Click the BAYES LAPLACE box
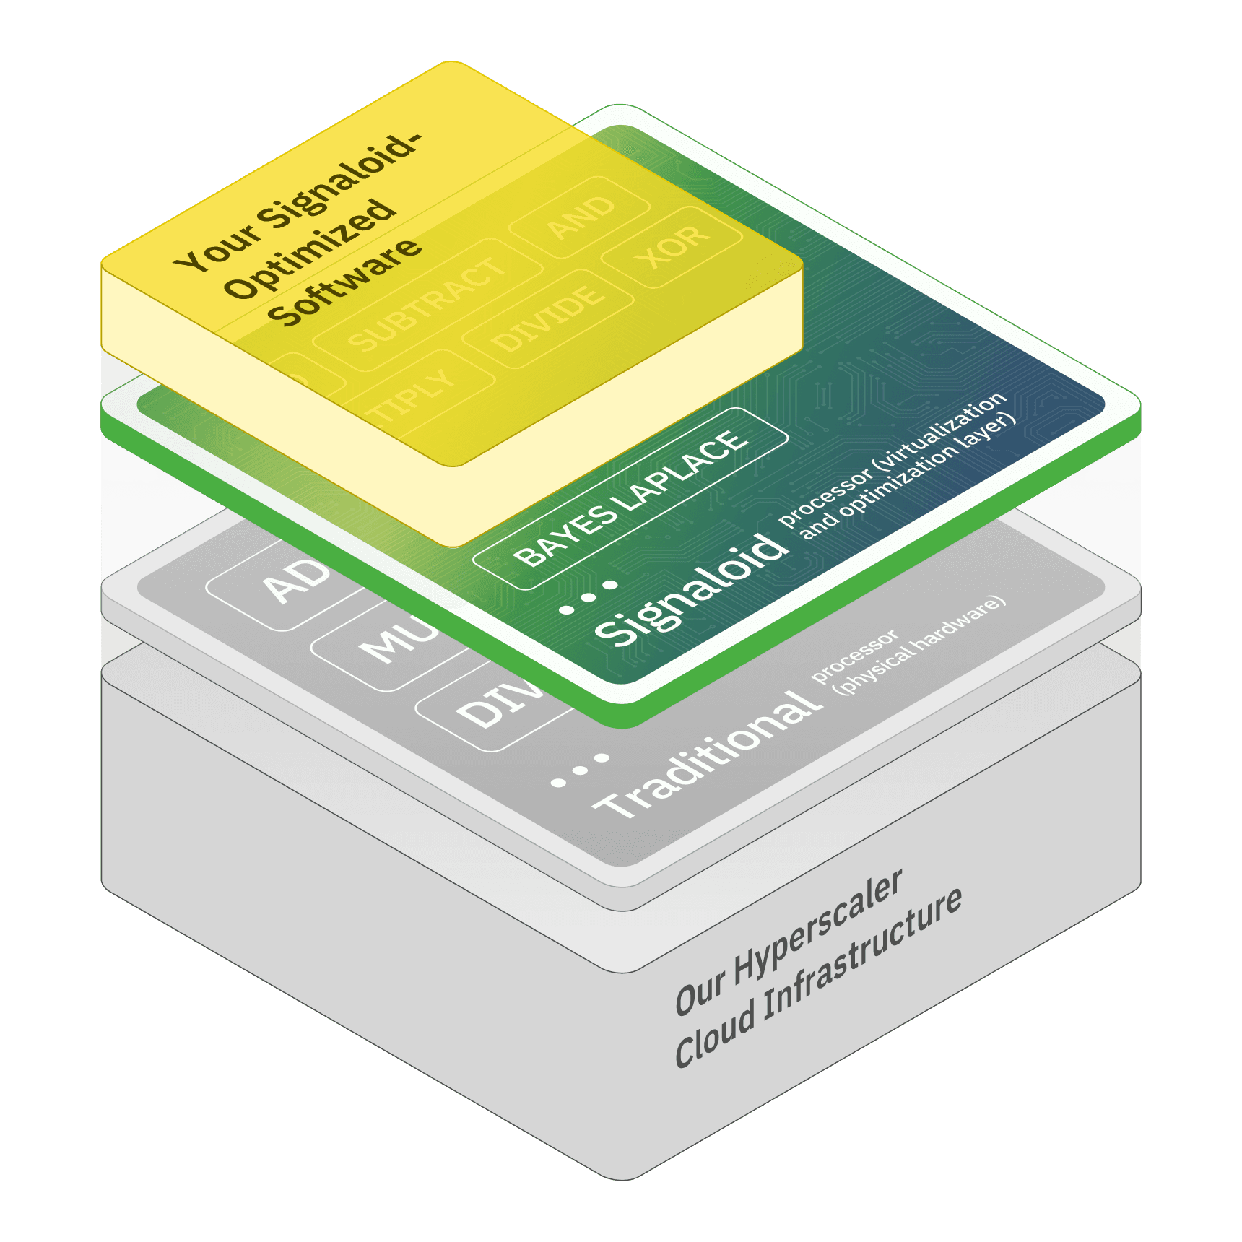pos(630,498)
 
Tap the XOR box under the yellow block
pos(672,246)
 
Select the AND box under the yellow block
pos(580,217)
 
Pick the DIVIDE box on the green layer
pos(548,318)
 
